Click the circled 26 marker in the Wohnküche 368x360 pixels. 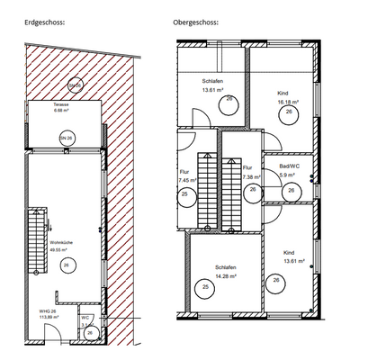pyautogui.click(x=67, y=264)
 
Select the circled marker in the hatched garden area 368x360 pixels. pyautogui.click(x=76, y=85)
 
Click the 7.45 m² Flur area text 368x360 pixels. pyautogui.click(x=187, y=180)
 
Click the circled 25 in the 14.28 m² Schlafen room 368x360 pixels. pyautogui.click(x=206, y=289)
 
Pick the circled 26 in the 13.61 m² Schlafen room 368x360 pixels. pyautogui.click(x=229, y=101)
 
